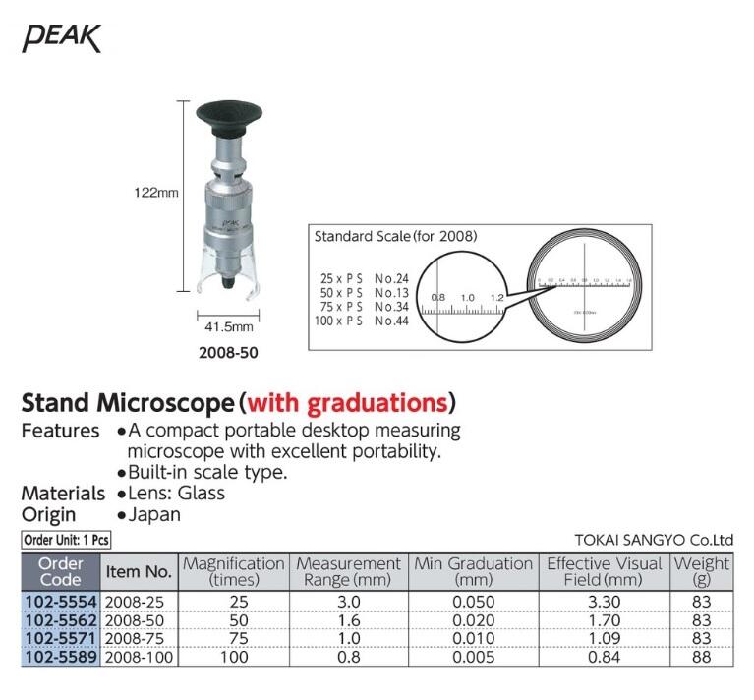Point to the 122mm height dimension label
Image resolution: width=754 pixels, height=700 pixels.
point(155,193)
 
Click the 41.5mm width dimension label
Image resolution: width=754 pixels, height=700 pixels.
point(229,326)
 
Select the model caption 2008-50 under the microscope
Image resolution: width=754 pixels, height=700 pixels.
point(230,352)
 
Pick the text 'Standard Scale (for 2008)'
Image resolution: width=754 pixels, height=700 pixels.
point(395,236)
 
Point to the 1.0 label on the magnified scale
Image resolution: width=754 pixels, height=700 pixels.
point(467,297)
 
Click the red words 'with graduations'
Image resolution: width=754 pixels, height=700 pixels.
point(347,403)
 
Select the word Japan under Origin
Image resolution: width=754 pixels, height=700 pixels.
point(154,514)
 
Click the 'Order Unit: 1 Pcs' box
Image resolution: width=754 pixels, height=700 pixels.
point(66,540)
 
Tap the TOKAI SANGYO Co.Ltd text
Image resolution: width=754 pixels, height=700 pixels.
point(654,540)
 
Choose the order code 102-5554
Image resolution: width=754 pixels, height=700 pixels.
point(60,601)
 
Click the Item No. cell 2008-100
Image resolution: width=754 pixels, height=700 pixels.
point(138,657)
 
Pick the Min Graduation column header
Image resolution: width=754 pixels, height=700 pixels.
point(473,571)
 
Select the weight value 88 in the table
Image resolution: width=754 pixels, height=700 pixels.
point(701,657)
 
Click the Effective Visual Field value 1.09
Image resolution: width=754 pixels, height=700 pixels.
point(604,638)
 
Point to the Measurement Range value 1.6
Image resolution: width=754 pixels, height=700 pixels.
point(348,619)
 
